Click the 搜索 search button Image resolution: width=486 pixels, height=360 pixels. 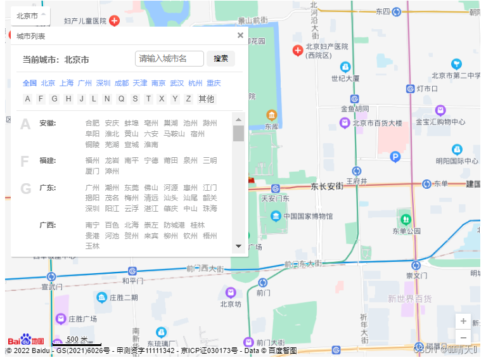221,59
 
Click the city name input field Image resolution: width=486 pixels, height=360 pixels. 169,59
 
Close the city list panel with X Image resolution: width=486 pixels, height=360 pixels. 240,35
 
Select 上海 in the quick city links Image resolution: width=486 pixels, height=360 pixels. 67,83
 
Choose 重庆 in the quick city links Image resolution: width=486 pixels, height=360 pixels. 214,83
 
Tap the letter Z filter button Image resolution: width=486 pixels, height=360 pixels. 188,99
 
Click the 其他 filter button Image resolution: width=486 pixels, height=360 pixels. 207,99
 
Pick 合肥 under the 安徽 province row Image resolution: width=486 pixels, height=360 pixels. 93,123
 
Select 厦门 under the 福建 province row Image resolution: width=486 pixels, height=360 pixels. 93,171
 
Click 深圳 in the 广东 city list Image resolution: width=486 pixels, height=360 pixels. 93,209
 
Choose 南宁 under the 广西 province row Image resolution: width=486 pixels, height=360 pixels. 93,225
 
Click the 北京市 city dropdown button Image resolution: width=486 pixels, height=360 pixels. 30,15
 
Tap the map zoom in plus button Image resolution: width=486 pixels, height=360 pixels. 463,321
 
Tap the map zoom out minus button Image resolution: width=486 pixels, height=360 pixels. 463,337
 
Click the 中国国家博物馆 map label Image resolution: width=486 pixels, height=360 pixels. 308,216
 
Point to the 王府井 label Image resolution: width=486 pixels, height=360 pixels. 357,181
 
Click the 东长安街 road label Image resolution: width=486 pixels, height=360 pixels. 327,186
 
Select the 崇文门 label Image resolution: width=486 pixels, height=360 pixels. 416,276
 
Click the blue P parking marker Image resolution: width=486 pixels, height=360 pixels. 395,157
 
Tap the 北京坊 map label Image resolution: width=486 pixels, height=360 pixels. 231,304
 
